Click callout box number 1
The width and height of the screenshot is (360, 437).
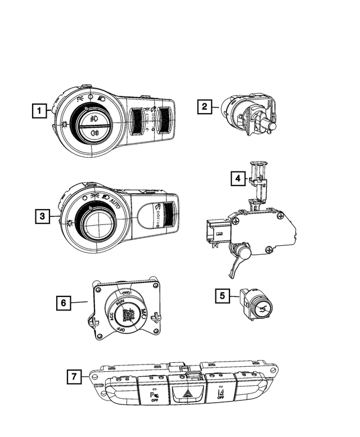(x=39, y=111)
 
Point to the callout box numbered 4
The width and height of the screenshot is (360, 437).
(x=238, y=179)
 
